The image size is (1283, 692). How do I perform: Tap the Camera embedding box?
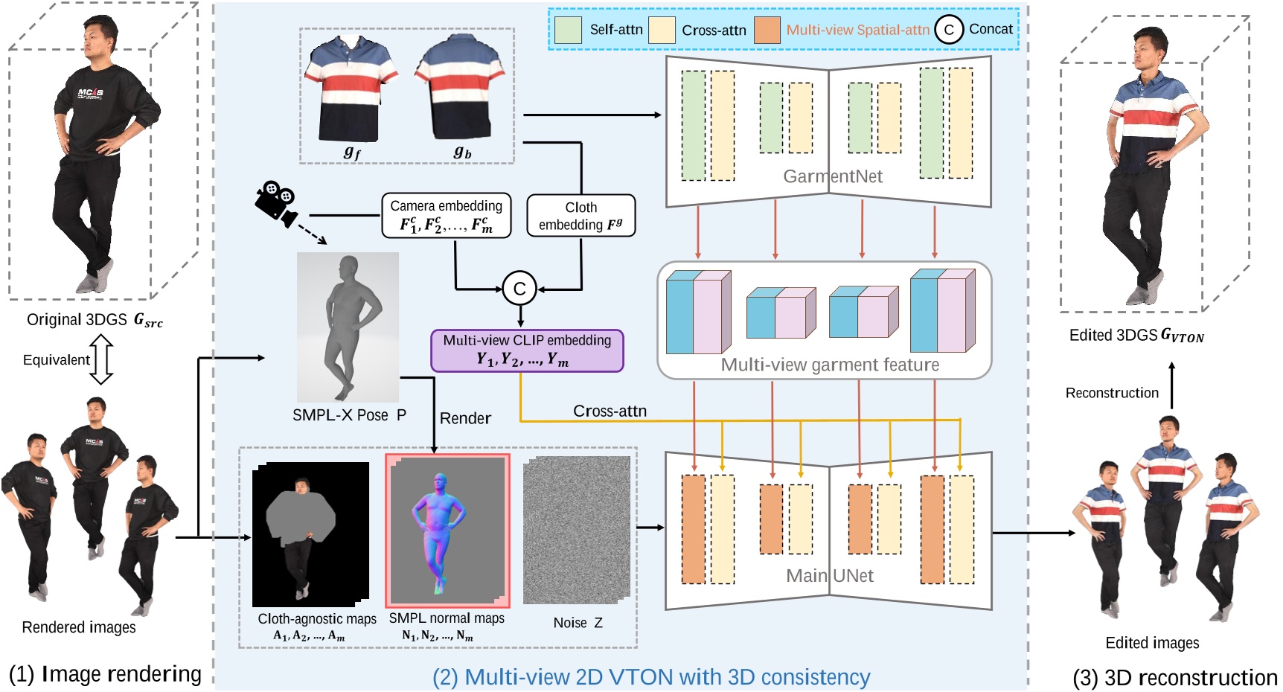click(x=446, y=216)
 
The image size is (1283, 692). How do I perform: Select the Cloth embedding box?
click(x=580, y=216)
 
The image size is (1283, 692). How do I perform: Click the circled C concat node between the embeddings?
click(x=519, y=289)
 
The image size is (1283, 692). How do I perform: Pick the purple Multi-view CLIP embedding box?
click(x=527, y=350)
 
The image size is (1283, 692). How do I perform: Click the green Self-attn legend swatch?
click(x=568, y=30)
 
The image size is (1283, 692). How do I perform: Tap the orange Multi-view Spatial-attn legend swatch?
click(x=767, y=30)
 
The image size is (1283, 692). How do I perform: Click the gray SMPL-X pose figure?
click(x=348, y=326)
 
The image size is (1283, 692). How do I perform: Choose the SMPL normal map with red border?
click(x=447, y=531)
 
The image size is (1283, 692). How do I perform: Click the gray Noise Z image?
click(x=577, y=530)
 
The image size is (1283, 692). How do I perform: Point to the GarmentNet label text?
click(x=832, y=176)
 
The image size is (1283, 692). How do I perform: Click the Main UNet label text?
click(x=829, y=576)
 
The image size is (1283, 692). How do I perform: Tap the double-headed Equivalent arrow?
click(x=101, y=359)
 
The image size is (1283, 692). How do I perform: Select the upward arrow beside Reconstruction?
click(x=1171, y=385)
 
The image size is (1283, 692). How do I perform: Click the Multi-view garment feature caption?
click(x=829, y=365)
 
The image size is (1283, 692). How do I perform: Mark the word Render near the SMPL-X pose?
click(x=465, y=418)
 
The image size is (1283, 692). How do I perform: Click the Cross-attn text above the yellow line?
click(x=609, y=411)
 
